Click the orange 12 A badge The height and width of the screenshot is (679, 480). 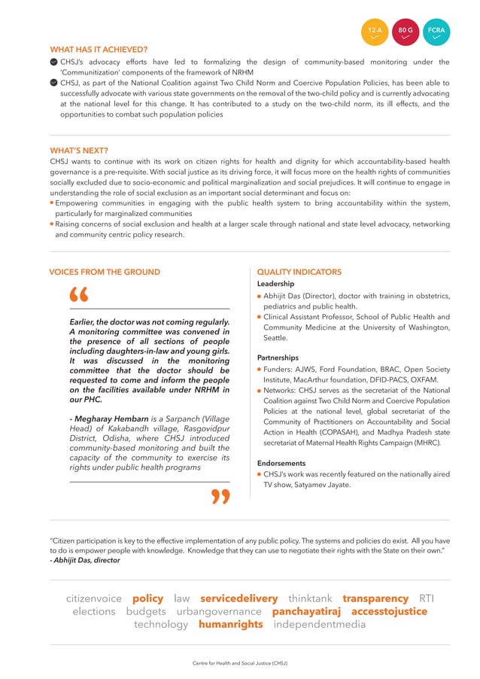[375, 32]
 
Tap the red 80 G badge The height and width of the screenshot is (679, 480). [406, 32]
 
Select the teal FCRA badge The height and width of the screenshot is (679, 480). [436, 32]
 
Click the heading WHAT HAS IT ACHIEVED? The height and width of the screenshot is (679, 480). [99, 50]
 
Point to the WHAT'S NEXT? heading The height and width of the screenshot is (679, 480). [79, 150]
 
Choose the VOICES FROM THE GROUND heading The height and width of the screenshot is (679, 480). [105, 272]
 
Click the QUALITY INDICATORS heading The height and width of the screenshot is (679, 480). [299, 272]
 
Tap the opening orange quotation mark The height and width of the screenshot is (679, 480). [77, 297]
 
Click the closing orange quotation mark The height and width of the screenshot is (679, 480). [220, 496]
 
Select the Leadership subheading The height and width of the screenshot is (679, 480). [275, 284]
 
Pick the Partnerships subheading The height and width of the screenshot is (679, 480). [278, 358]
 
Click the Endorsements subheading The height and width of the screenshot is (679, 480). [281, 463]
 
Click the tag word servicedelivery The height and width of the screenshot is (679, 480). [239, 598]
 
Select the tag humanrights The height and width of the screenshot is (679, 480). [231, 625]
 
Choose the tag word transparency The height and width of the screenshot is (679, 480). [375, 598]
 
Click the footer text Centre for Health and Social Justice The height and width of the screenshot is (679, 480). [240, 663]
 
